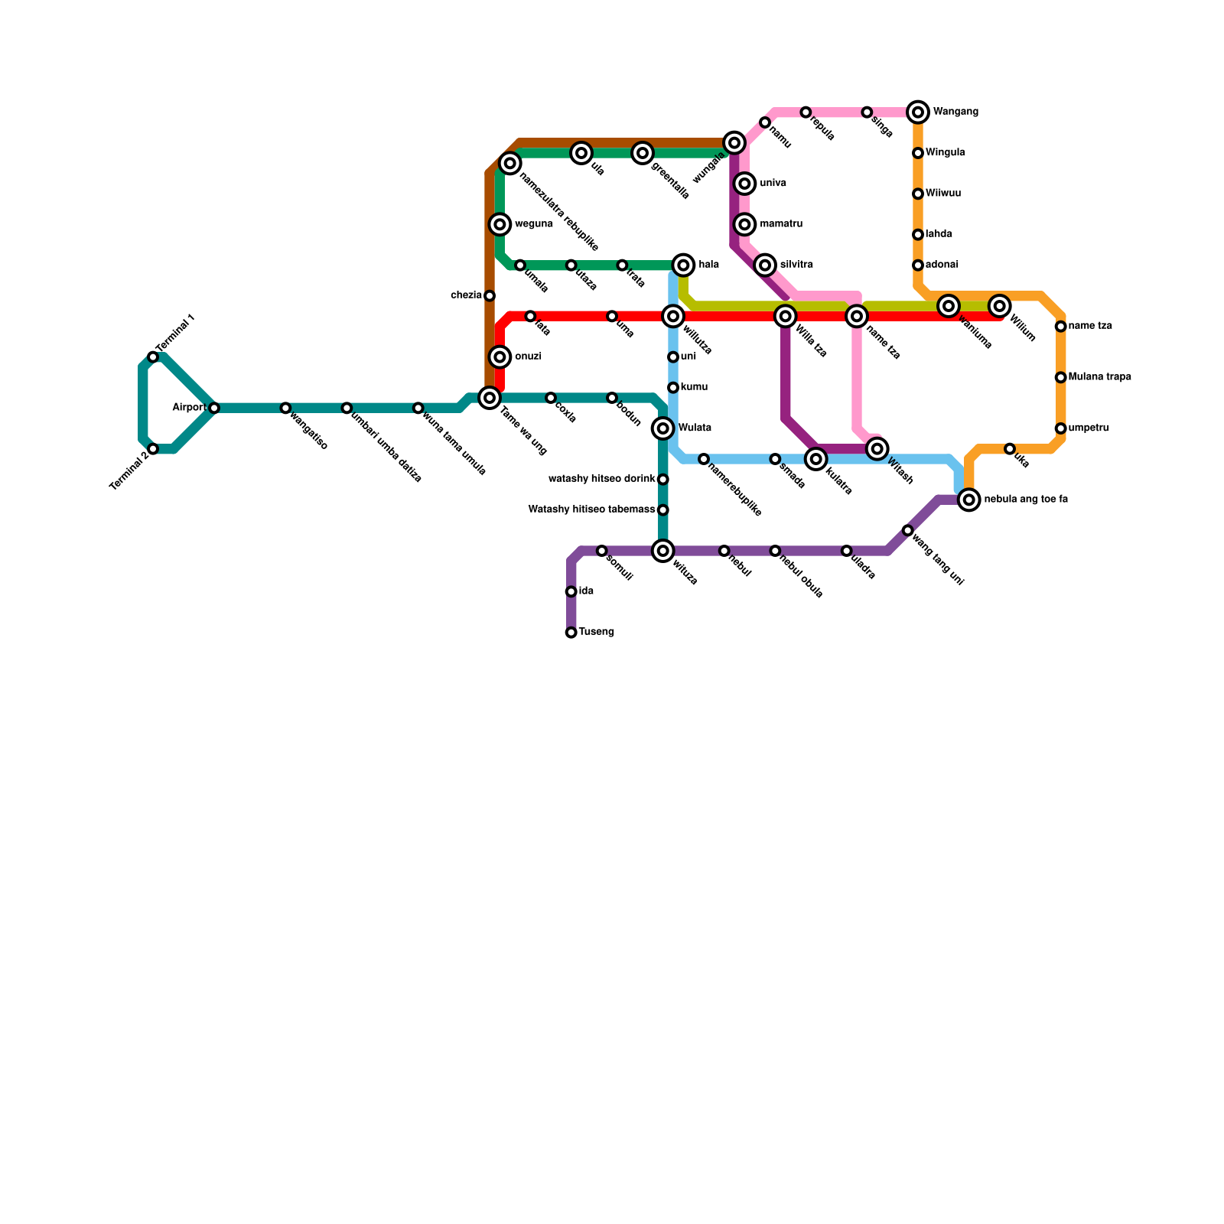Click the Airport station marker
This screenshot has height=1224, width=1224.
pos(214,408)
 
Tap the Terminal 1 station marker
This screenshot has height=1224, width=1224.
pos(153,357)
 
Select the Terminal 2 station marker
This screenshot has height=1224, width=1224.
pos(153,449)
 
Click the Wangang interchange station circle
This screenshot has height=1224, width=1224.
pos(918,112)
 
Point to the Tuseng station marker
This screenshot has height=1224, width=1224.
pos(571,633)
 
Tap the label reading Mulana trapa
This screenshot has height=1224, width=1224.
pos(1099,377)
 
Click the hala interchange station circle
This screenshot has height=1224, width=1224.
pos(684,265)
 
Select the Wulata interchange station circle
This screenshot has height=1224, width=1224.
pos(663,428)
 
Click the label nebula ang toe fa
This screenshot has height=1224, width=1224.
pos(1026,500)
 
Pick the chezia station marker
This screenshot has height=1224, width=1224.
pos(490,296)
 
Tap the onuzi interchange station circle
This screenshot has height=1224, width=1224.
pos(500,357)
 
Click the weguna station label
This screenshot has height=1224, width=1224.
pos(534,224)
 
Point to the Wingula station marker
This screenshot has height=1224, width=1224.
pos(918,153)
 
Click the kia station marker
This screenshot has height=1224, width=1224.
pos(571,591)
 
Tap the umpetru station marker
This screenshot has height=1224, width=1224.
pos(1061,428)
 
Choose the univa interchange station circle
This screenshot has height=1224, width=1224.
pos(745,184)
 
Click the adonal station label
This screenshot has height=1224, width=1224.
pos(942,265)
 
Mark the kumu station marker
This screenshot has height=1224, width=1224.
pos(673,388)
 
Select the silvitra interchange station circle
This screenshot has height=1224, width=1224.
pos(765,265)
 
